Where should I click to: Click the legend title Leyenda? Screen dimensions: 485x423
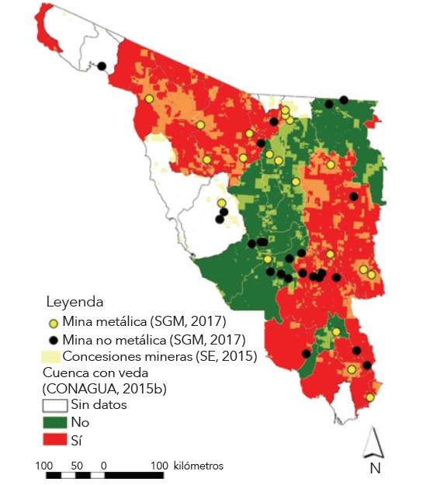coord(75,301)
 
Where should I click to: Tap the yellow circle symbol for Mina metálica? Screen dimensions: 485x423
coord(53,322)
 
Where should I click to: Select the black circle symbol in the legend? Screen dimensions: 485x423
coord(53,340)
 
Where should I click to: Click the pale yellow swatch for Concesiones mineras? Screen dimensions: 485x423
coord(51,357)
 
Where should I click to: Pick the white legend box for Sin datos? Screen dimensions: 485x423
coord(53,405)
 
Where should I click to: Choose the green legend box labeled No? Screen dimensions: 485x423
coord(53,423)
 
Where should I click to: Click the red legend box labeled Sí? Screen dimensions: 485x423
coord(53,441)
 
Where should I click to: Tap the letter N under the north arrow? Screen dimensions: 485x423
coord(375,468)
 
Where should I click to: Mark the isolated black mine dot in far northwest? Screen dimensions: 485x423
coord(101,67)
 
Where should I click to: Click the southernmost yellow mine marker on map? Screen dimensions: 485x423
coord(369,397)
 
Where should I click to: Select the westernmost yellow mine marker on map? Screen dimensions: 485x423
coord(149,99)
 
